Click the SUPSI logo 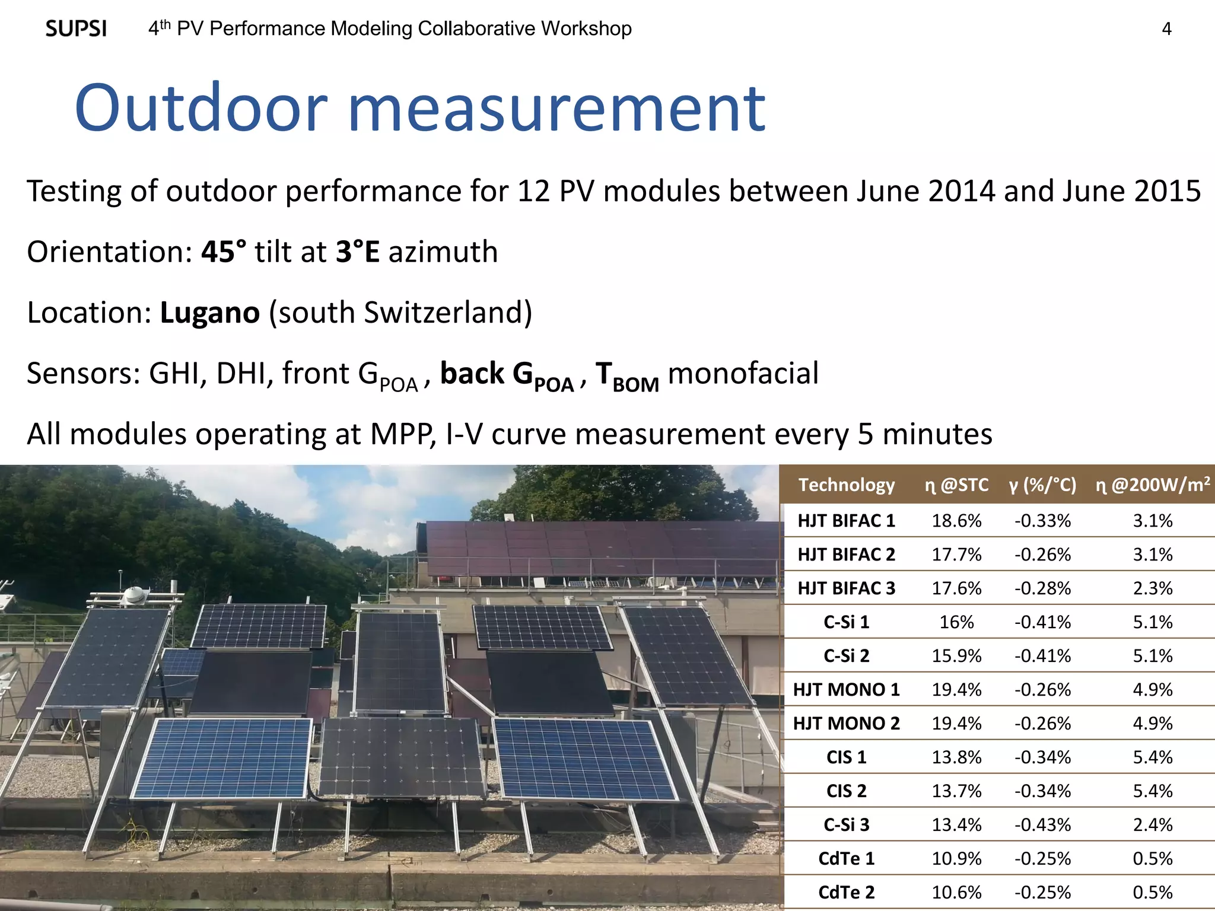[x=76, y=28]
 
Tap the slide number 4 [x=1166, y=29]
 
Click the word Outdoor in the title [x=201, y=109]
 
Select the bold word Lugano [x=209, y=313]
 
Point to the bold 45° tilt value [x=223, y=251]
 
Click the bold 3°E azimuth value [x=357, y=251]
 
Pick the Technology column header [x=846, y=485]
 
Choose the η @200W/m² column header [x=1152, y=485]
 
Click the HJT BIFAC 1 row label [x=846, y=521]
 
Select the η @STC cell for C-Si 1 [x=956, y=622]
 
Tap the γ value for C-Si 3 [x=1042, y=825]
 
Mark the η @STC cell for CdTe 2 [x=956, y=893]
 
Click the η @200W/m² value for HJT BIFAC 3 [x=1152, y=588]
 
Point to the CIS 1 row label [x=846, y=757]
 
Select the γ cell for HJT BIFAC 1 [x=1042, y=521]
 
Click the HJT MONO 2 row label [x=846, y=724]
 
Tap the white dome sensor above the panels [x=135, y=595]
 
